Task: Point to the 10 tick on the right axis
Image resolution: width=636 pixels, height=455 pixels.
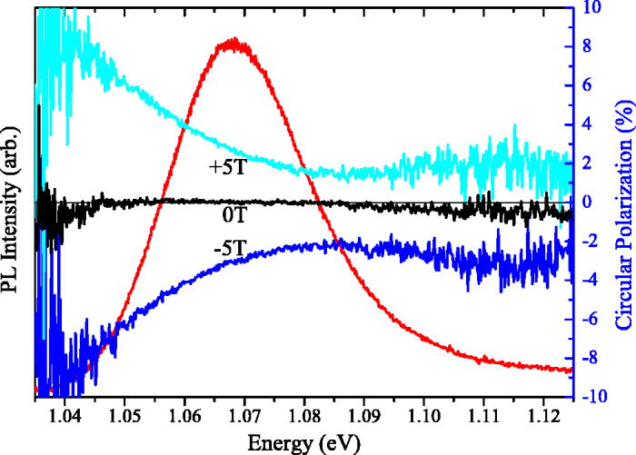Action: tap(591, 7)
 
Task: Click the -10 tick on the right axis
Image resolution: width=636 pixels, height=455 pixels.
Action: tap(591, 397)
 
